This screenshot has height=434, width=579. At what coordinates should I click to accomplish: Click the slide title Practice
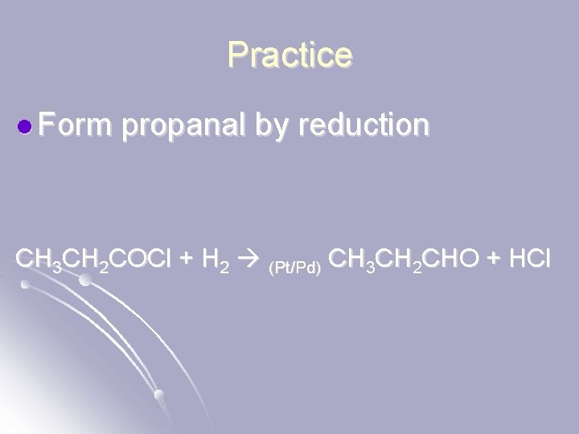pos(289,54)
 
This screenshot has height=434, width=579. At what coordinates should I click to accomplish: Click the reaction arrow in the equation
pos(253,260)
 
